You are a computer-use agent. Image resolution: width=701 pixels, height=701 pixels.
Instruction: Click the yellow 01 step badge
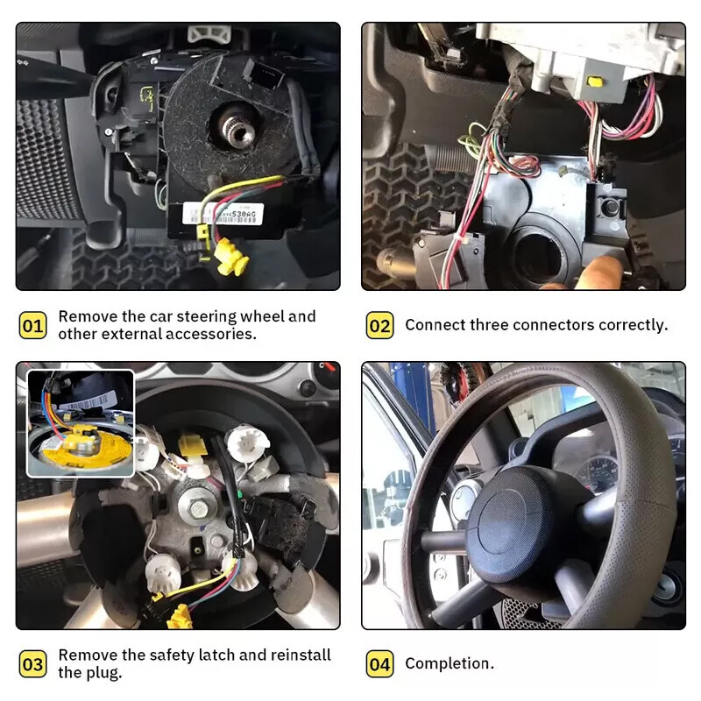click(x=32, y=326)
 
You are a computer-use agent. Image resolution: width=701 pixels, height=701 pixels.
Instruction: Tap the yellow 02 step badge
click(x=379, y=326)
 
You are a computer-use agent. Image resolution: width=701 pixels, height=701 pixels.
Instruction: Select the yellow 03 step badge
click(x=32, y=664)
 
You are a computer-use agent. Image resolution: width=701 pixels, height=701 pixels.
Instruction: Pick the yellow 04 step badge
click(x=379, y=664)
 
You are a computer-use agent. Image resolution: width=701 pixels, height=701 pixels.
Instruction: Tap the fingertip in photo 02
click(x=604, y=271)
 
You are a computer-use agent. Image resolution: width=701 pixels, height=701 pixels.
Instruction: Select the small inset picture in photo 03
click(x=81, y=422)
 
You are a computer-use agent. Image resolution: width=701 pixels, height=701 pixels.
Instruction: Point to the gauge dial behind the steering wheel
click(x=605, y=473)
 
